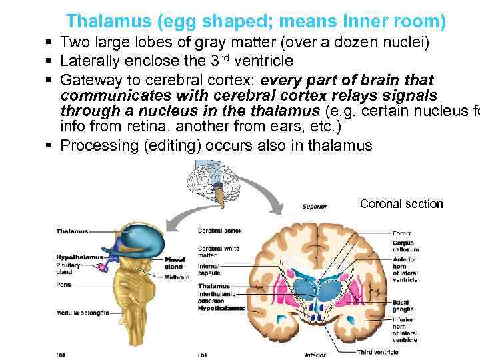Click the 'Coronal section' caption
tap(401, 204)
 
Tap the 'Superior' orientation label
tap(315, 207)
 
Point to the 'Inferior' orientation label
tap(315, 354)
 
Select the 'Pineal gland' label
tap(175, 263)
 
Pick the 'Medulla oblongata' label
tap(83, 312)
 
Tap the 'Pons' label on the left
tap(63, 283)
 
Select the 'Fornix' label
tap(402, 233)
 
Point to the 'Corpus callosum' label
tap(403, 246)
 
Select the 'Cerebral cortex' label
tap(219, 231)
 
